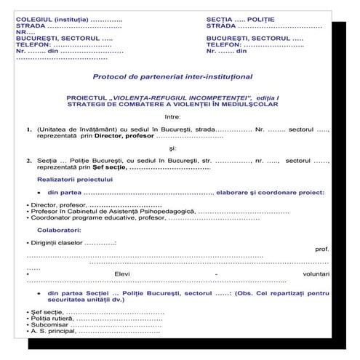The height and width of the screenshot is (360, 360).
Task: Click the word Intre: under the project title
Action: pyautogui.click(x=172, y=116)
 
